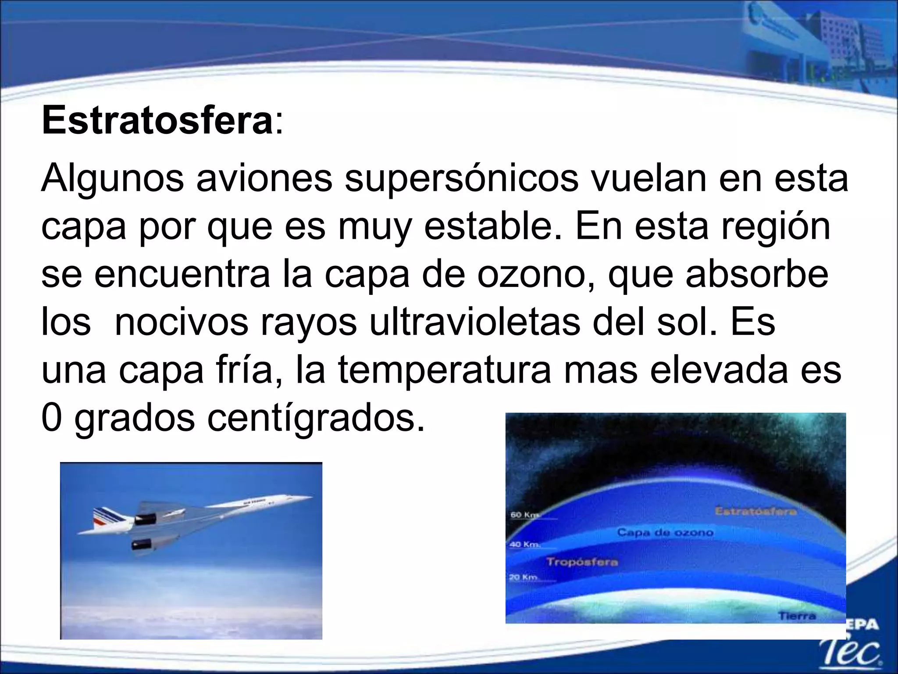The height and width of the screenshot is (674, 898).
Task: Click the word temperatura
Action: (x=444, y=370)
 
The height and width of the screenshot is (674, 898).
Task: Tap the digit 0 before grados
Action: (x=51, y=418)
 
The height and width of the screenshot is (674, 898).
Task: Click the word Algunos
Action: (x=112, y=179)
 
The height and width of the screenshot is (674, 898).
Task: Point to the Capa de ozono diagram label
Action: (x=665, y=532)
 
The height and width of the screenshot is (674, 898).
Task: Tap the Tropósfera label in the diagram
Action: (x=582, y=562)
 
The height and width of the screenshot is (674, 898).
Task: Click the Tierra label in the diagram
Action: (x=797, y=616)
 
